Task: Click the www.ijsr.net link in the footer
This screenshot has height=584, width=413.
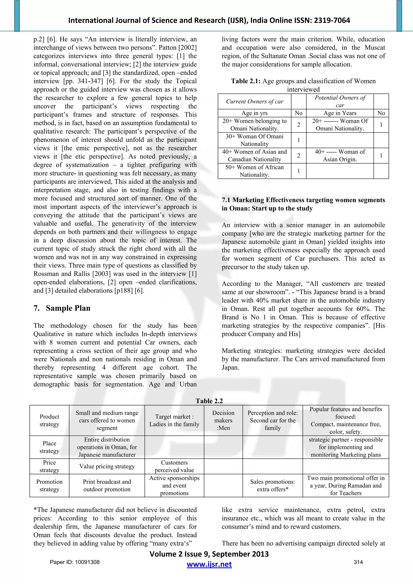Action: [x=209, y=564]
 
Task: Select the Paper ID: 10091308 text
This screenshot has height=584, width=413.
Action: [x=75, y=562]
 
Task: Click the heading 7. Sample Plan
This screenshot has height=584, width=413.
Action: [x=62, y=308]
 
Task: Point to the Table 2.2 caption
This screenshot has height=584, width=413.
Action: [x=209, y=401]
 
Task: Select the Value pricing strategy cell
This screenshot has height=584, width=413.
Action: [x=107, y=466]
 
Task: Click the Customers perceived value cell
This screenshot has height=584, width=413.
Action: [x=174, y=466]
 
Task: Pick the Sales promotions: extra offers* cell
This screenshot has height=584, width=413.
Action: [x=272, y=485]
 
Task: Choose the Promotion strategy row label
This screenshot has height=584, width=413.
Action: [x=49, y=485]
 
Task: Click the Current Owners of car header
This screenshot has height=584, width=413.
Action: [x=254, y=101]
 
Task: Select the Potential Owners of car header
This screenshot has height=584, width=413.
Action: [x=340, y=101]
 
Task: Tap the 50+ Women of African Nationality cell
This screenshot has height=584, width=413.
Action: [x=254, y=171]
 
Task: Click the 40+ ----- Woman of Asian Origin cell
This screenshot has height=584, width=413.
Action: [x=340, y=155]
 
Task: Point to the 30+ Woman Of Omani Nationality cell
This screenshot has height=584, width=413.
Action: [x=254, y=140]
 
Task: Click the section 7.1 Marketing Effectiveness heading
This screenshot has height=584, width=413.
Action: [x=303, y=204]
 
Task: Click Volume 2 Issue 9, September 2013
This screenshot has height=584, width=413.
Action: [x=209, y=554]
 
